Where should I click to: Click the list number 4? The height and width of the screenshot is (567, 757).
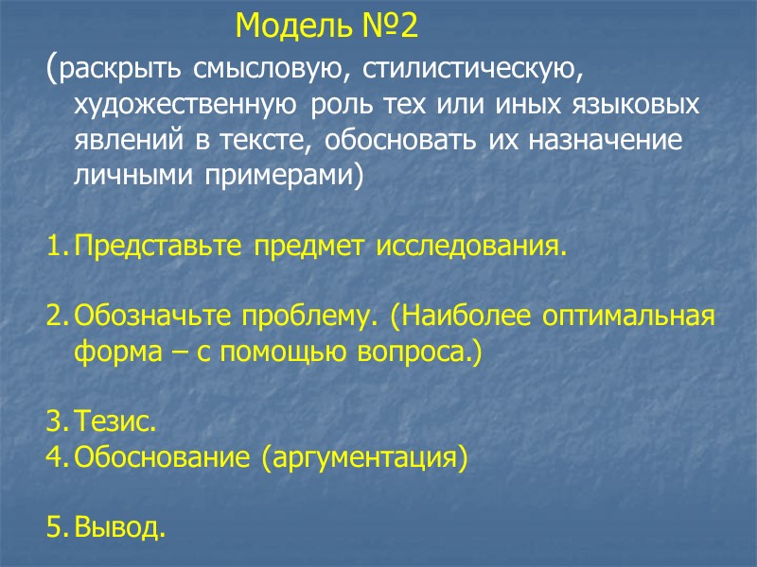(53, 458)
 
